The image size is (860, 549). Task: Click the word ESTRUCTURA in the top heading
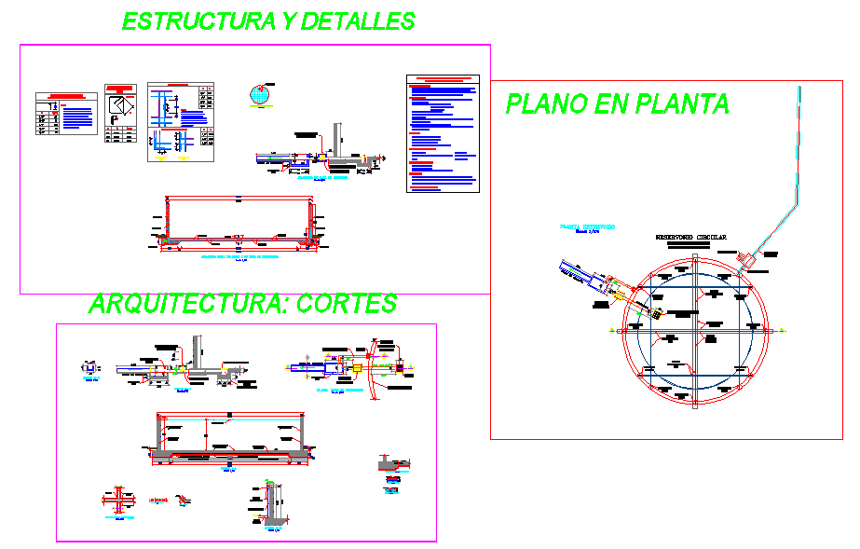pyautogui.click(x=182, y=21)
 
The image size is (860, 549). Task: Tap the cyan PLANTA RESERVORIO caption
pyautogui.click(x=586, y=226)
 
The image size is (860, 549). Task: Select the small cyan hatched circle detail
pyautogui.click(x=261, y=95)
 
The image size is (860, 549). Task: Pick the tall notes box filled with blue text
pyautogui.click(x=442, y=134)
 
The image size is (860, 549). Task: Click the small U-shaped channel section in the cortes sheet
pyautogui.click(x=90, y=368)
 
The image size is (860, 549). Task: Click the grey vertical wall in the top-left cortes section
pyautogui.click(x=198, y=350)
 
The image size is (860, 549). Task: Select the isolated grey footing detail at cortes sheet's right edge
pyautogui.click(x=390, y=463)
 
